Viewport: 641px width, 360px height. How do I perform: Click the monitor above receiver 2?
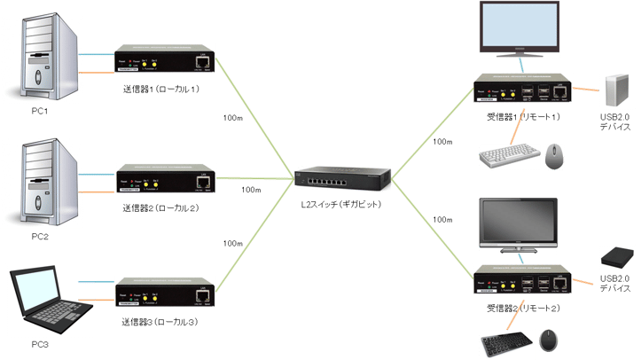(x=518, y=223)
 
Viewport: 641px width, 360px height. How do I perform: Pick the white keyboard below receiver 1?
(x=508, y=157)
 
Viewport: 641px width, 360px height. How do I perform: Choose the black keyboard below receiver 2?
(x=508, y=340)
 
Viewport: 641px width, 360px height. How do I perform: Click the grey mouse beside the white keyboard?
(x=554, y=155)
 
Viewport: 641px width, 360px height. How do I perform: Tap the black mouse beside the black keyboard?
(x=551, y=340)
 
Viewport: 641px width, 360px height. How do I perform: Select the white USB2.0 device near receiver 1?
(x=616, y=91)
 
